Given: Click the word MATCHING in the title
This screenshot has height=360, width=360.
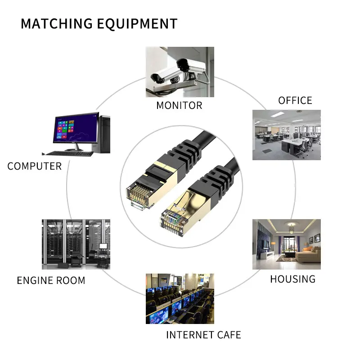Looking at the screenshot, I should click(53, 23).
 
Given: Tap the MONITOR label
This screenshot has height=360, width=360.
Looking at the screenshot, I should click(179, 106).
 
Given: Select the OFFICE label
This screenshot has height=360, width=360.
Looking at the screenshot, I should click(295, 100).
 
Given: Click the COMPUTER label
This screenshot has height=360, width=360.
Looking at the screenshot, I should click(34, 166).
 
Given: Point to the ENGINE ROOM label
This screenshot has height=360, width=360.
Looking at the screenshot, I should click(51, 280).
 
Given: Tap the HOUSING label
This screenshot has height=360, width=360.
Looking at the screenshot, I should click(292, 279).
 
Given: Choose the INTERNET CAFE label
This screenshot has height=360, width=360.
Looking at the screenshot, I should click(203, 335).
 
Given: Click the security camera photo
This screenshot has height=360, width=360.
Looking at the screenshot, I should click(180, 72).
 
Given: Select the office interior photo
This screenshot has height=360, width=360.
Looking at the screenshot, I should click(286, 135).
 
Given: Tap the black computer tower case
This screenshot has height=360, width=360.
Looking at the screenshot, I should click(104, 134).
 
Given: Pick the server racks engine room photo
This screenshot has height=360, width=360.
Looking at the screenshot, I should click(76, 244).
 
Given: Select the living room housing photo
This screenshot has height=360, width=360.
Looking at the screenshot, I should click(286, 244).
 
